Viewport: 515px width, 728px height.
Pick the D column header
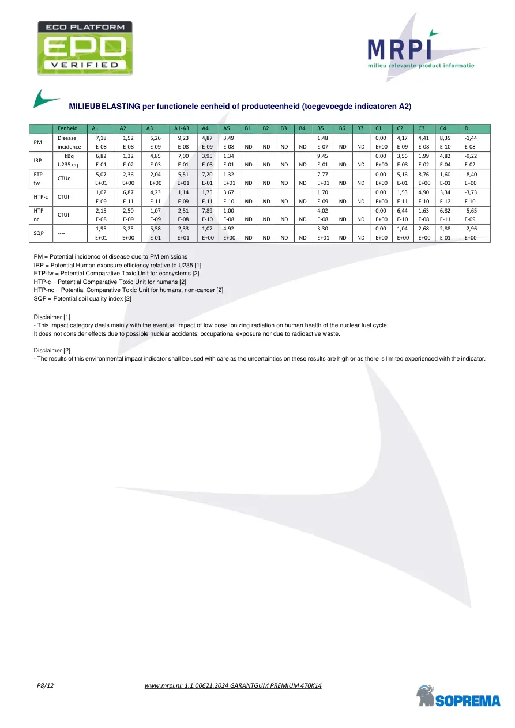pyautogui.click(x=467, y=128)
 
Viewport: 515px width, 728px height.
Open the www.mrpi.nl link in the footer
pyautogui.click(x=234, y=685)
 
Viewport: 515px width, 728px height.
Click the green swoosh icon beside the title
pyautogui.click(x=46, y=99)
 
